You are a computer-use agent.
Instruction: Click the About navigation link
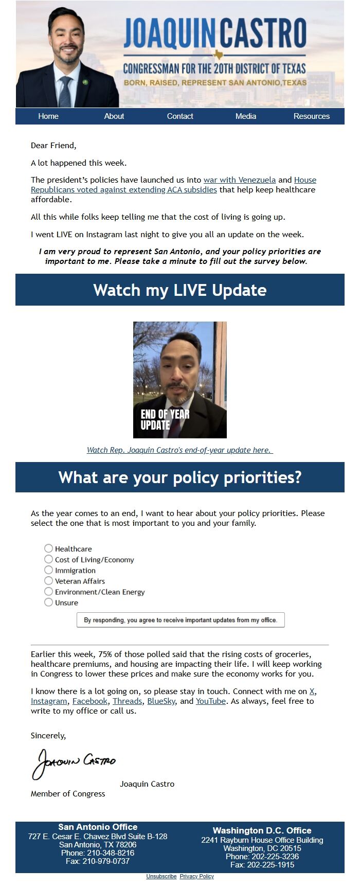(x=114, y=116)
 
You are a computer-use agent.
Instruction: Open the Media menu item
(x=246, y=116)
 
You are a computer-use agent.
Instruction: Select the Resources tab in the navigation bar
(x=312, y=116)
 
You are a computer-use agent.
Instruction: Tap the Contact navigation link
(x=180, y=116)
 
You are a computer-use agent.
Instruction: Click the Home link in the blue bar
(x=48, y=116)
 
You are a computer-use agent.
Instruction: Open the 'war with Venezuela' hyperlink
(x=240, y=180)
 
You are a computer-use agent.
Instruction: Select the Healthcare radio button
(x=48, y=548)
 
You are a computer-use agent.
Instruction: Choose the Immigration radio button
(x=48, y=570)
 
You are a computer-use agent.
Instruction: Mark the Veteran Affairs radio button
(x=48, y=581)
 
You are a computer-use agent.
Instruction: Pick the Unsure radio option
(x=48, y=602)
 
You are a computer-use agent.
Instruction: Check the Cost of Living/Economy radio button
(x=48, y=559)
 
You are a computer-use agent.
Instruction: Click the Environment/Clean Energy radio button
(x=48, y=592)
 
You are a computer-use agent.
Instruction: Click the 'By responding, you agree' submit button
(x=181, y=620)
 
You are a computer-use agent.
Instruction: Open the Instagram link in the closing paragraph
(x=49, y=701)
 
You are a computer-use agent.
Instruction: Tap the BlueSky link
(x=161, y=701)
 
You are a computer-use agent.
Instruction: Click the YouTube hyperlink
(x=211, y=701)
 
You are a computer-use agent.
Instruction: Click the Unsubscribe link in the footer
(x=161, y=876)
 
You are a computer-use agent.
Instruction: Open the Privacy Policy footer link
(x=197, y=876)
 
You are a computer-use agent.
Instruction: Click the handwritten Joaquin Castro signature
(x=74, y=764)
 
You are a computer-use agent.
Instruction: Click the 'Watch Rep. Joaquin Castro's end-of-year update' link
(x=180, y=450)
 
